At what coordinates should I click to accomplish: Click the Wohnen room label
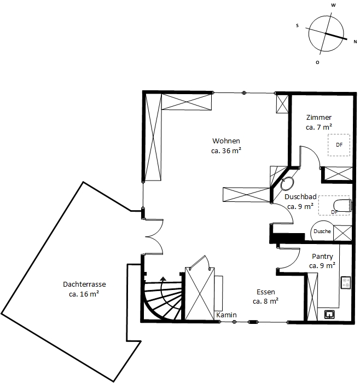[x=226, y=141]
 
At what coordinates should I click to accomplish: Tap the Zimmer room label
[x=319, y=118]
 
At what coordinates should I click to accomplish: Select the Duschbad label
[x=300, y=196]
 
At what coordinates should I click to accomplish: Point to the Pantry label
[x=322, y=257]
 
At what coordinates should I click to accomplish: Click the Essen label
[x=266, y=292]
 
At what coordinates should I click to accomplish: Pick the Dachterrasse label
[x=84, y=285]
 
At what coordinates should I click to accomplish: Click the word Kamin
[x=227, y=315]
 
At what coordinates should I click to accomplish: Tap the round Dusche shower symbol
[x=322, y=231]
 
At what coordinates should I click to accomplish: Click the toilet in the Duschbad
[x=342, y=205]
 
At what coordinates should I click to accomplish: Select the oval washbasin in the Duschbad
[x=287, y=184]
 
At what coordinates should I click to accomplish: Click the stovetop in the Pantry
[x=346, y=283]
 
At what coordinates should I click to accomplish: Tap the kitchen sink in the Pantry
[x=329, y=315]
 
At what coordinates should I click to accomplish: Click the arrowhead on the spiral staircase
[x=163, y=278]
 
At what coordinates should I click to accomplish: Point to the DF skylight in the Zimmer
[x=339, y=145]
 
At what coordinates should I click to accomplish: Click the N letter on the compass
[x=356, y=42]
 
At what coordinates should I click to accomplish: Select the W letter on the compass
[x=333, y=5]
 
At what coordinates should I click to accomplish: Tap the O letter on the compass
[x=317, y=62]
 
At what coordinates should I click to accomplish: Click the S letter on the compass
[x=297, y=26]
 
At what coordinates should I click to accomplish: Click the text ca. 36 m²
[x=226, y=150]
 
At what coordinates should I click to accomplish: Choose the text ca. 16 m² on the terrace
[x=84, y=294]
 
